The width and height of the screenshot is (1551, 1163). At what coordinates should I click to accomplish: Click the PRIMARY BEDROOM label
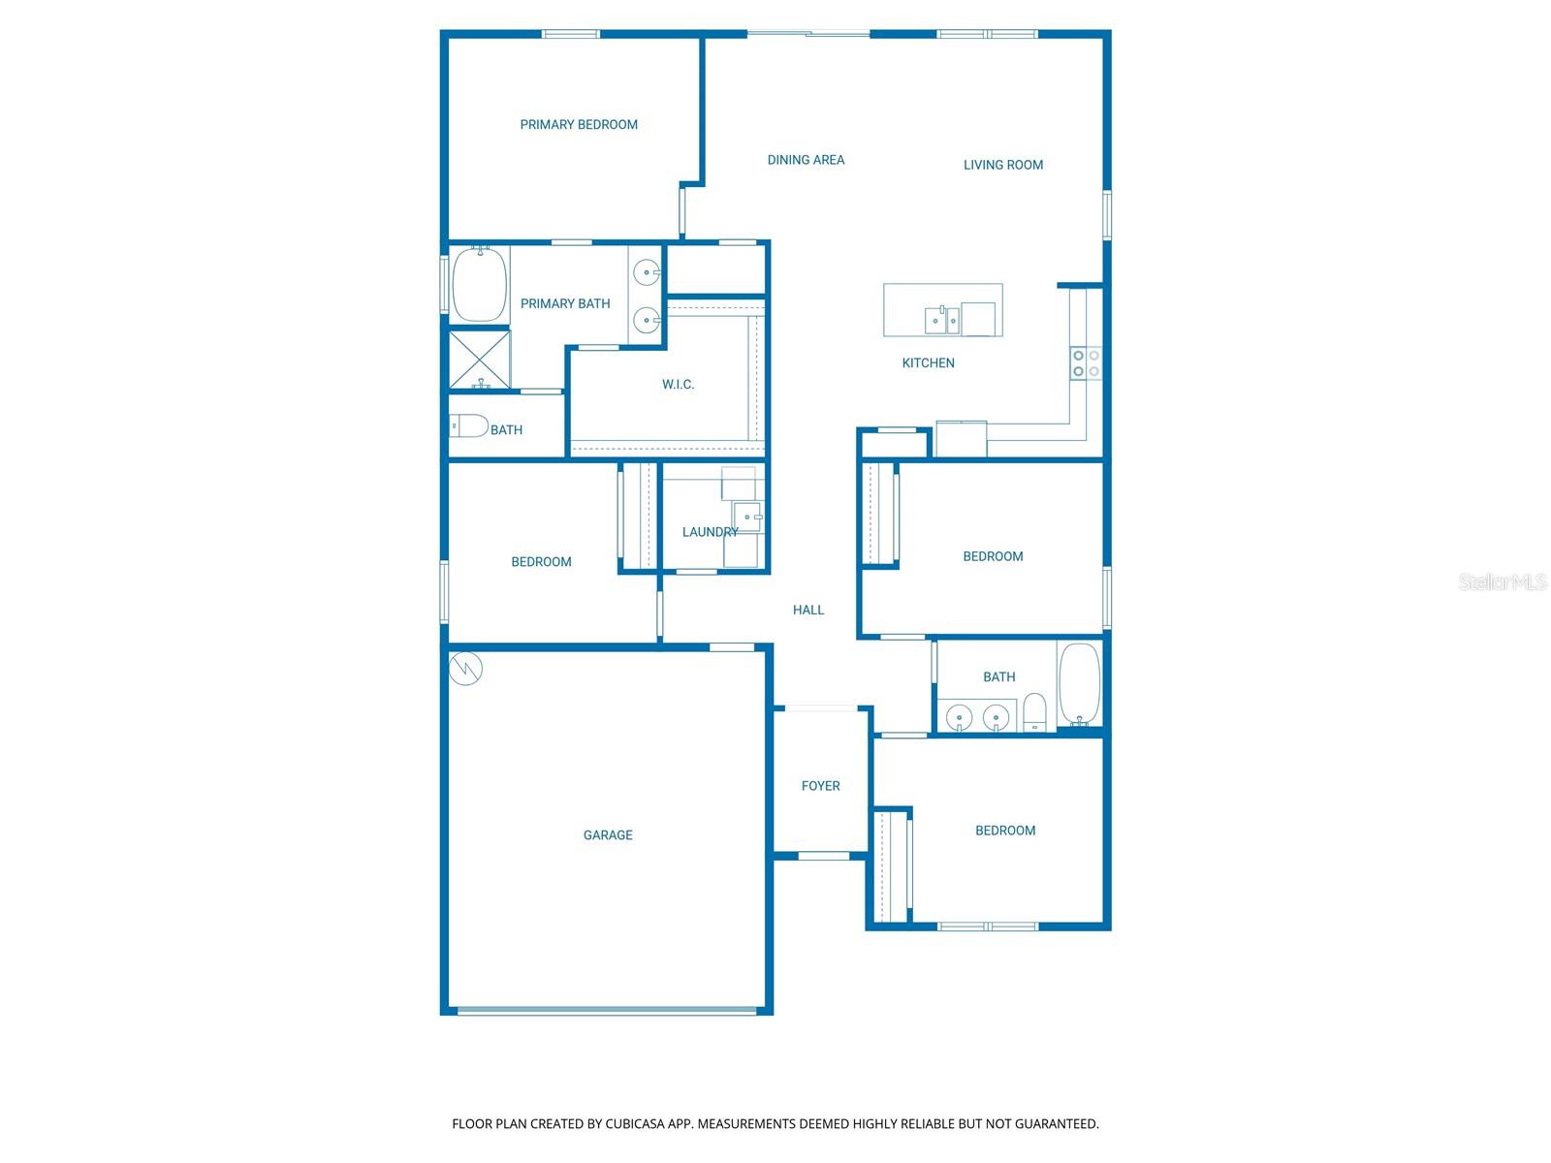coord(579,125)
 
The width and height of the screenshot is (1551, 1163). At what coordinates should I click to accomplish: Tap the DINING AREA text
coord(806,160)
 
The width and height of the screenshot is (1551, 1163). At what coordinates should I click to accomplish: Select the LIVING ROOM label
coord(1002,165)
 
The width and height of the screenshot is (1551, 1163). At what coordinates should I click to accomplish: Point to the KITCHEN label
coord(928,362)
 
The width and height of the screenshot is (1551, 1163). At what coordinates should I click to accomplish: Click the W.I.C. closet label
coord(678,385)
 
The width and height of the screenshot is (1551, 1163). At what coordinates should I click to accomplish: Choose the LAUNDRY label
coord(711,532)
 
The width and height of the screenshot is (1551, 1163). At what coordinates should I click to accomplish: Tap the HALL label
coord(807,611)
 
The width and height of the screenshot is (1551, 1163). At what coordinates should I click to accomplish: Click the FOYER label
coord(820,786)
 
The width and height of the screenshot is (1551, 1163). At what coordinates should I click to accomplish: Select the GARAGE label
coord(608,835)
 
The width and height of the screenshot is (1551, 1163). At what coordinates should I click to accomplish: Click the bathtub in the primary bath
coord(480,284)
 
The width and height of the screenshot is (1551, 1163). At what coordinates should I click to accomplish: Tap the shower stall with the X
coord(480,361)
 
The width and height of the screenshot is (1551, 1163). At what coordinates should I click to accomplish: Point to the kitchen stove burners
coord(1086,363)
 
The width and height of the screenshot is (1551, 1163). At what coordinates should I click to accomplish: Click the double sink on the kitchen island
coord(942,321)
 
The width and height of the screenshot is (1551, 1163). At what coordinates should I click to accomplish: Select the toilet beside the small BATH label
coord(468,425)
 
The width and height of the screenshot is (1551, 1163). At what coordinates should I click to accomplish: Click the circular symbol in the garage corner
coord(465,668)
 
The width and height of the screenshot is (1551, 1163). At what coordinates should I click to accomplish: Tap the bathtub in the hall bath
coord(1079,684)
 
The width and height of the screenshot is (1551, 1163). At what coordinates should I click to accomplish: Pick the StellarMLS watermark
coord(1503,581)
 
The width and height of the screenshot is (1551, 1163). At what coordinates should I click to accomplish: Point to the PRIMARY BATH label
coord(565,304)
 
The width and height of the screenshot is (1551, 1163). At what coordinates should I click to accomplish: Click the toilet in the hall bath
coord(1033,711)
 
